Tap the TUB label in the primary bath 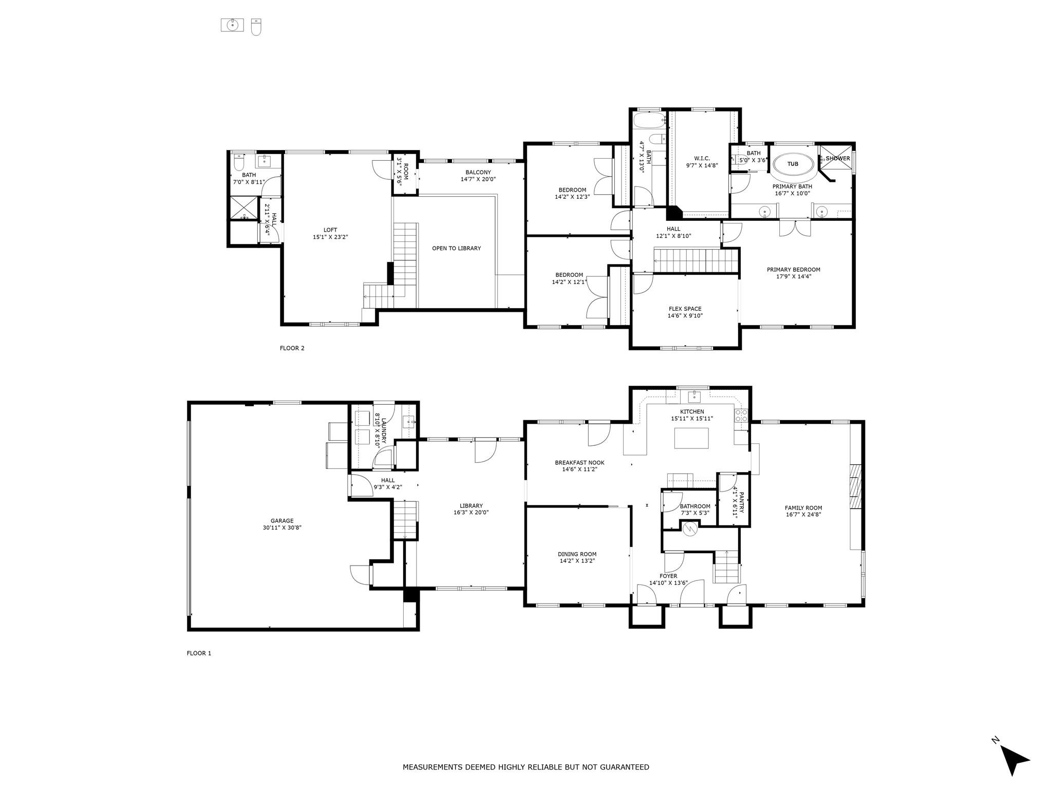click(x=793, y=164)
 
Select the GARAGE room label click(x=282, y=520)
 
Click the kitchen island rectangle click(x=691, y=438)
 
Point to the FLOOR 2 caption click(x=292, y=348)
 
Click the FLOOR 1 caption click(x=199, y=653)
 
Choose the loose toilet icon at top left click(x=256, y=27)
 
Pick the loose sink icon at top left click(x=232, y=25)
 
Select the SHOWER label click(x=838, y=158)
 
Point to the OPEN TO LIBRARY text click(x=456, y=249)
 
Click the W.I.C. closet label click(x=701, y=159)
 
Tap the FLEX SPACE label click(x=685, y=309)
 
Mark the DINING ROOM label click(x=577, y=554)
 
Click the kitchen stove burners click(x=740, y=416)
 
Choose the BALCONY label click(x=478, y=173)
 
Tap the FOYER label click(x=668, y=576)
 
